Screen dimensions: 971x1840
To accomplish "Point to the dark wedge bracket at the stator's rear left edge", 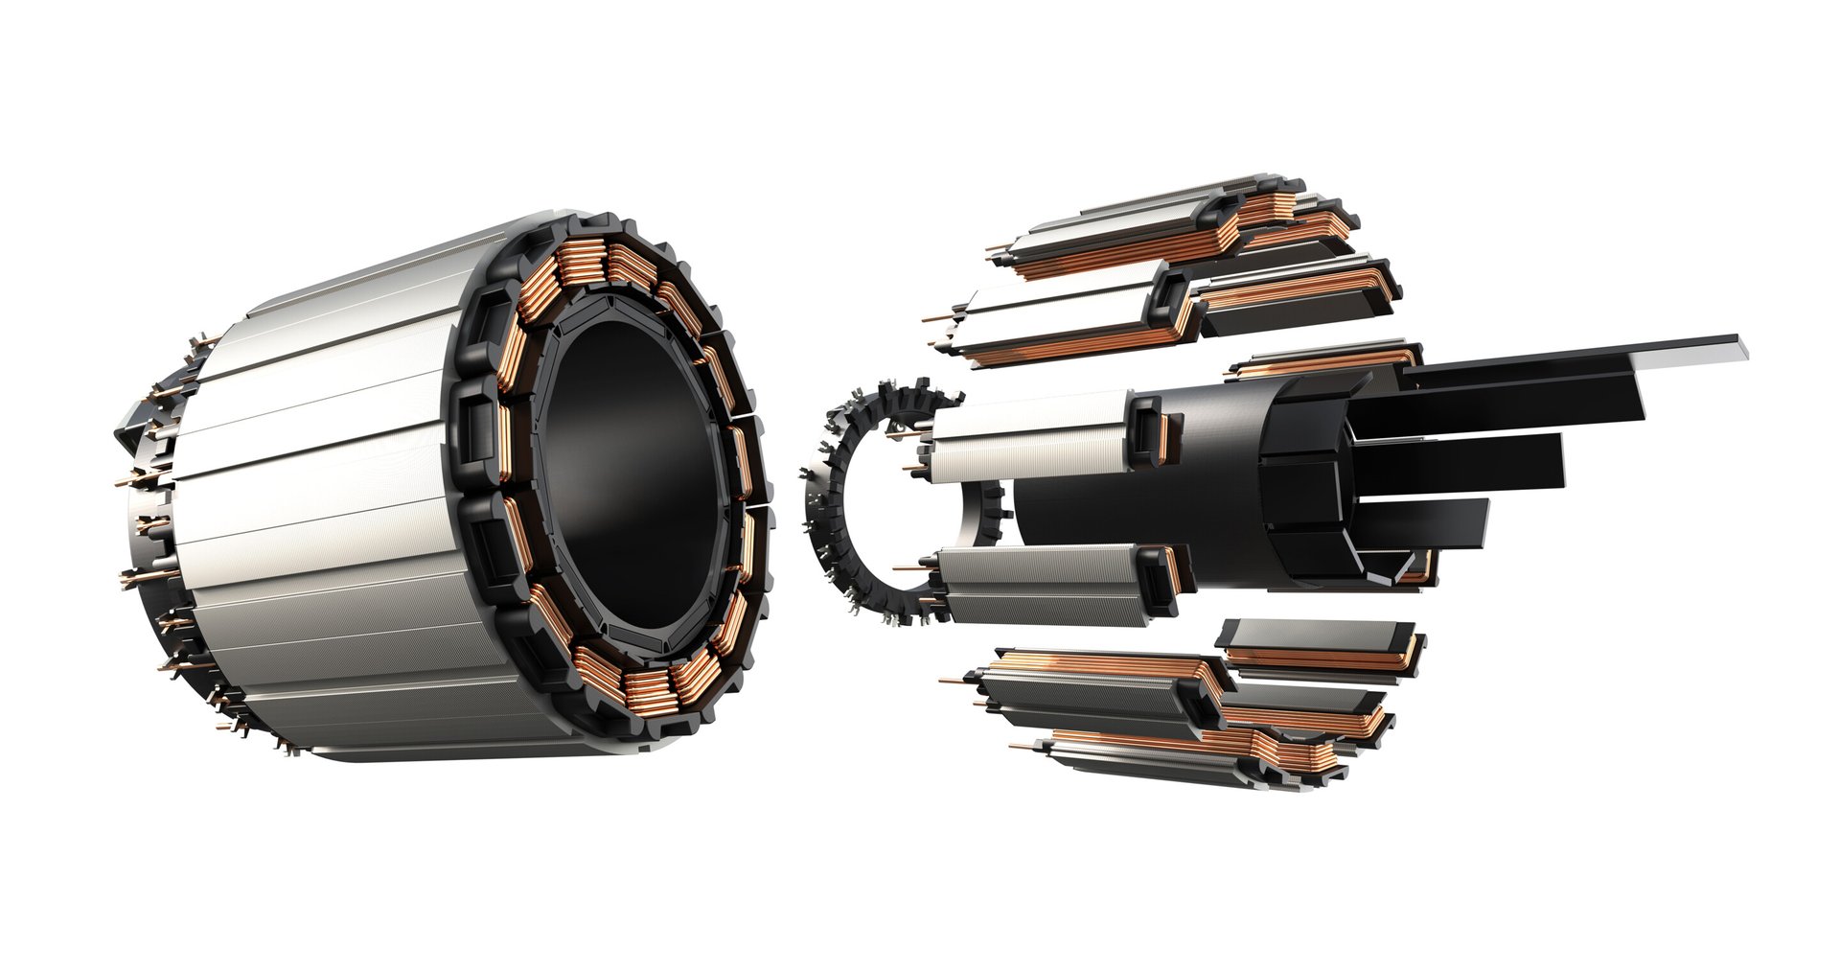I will tap(129, 431).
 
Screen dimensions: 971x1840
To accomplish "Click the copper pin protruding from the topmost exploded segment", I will tap(997, 251).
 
